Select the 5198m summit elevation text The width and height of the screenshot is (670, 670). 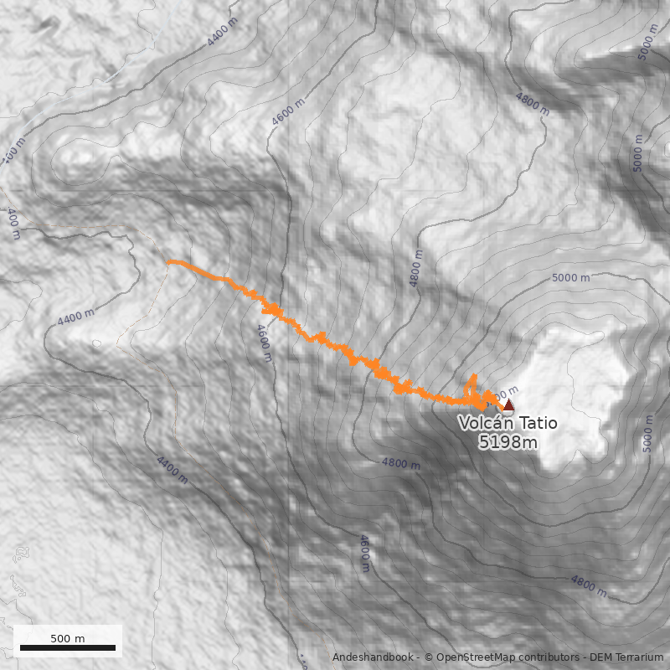508,441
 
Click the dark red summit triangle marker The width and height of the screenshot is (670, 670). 508,405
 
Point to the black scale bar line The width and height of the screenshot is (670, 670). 68,648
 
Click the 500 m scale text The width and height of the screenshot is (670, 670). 68,638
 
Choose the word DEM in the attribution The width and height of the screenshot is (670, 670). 601,657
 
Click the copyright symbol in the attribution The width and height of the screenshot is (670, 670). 429,657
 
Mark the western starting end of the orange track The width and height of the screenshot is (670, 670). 170,262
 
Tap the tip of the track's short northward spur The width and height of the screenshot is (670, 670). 474,376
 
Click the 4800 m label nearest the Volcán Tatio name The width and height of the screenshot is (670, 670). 400,463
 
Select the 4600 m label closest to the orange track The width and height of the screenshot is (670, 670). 265,343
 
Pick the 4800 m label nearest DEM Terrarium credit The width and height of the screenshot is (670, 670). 589,585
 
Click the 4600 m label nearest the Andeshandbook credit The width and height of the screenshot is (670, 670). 364,554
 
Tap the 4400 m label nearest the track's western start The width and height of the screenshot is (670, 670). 75,318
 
